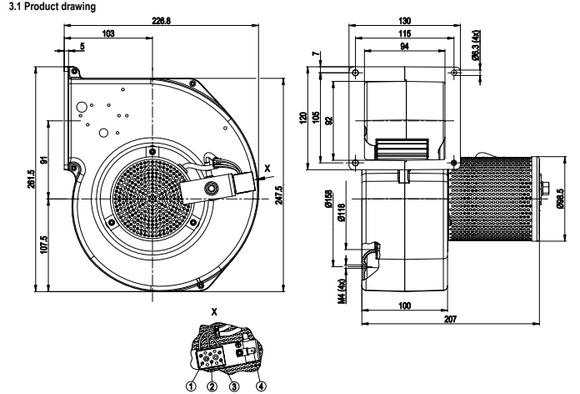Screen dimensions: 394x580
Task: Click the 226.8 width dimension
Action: click(162, 22)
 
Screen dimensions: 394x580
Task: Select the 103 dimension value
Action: click(107, 34)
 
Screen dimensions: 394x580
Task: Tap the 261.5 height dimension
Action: click(31, 180)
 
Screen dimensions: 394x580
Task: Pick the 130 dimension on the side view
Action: click(404, 21)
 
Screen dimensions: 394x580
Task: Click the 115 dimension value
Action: click(404, 33)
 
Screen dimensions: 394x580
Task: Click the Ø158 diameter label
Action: click(329, 199)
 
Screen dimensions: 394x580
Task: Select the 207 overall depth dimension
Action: click(450, 320)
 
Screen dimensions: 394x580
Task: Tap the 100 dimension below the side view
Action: click(404, 306)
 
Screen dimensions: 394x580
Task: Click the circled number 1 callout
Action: click(191, 386)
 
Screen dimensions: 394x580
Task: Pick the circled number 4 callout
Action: click(261, 386)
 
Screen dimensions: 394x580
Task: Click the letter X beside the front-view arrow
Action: click(267, 169)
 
